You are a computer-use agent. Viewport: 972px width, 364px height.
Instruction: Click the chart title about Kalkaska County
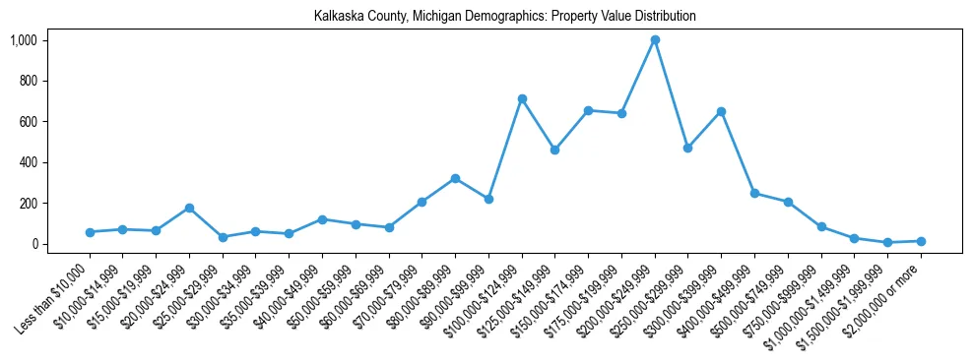[504, 17]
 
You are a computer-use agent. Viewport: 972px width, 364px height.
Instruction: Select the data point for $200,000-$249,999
[655, 40]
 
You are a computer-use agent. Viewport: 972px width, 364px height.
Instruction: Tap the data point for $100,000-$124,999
[522, 98]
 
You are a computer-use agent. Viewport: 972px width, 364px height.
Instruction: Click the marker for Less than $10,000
[90, 232]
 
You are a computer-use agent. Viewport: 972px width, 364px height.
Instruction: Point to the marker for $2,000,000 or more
[921, 241]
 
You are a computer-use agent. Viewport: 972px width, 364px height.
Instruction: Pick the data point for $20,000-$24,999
[189, 208]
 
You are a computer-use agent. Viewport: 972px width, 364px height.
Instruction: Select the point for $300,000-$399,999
[721, 111]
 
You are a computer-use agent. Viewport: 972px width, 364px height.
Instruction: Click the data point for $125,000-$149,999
[555, 150]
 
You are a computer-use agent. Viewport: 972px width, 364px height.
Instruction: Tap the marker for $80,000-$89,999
[455, 178]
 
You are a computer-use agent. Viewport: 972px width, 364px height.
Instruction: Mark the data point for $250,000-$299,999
[687, 148]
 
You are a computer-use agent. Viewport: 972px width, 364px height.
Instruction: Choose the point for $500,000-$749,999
[788, 202]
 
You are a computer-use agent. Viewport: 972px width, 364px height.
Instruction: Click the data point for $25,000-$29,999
[223, 237]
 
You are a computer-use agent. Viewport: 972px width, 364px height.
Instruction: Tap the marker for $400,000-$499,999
[754, 193]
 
